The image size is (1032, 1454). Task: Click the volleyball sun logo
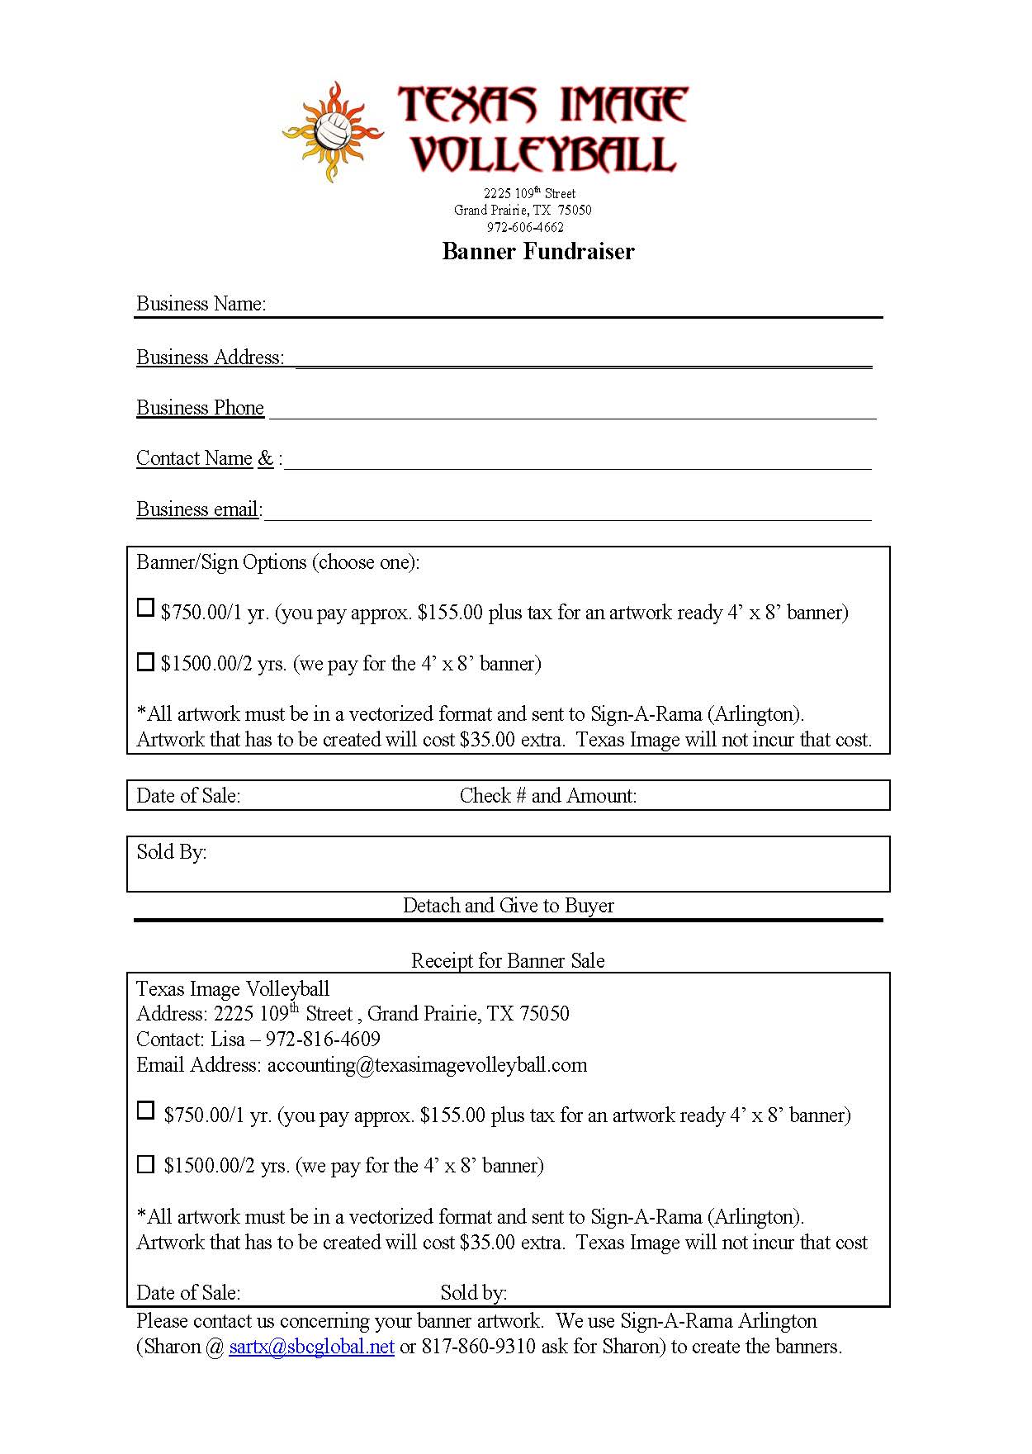pyautogui.click(x=334, y=131)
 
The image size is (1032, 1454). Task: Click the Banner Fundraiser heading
pyautogui.click(x=537, y=251)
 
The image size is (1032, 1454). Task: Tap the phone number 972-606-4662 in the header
pyautogui.click(x=525, y=227)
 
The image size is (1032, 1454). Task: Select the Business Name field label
pyautogui.click(x=201, y=304)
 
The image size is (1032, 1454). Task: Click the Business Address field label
pyautogui.click(x=210, y=358)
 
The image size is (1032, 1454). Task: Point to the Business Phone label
pyautogui.click(x=200, y=408)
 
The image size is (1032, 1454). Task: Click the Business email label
pyautogui.click(x=198, y=509)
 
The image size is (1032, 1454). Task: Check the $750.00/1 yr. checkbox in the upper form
pyautogui.click(x=145, y=609)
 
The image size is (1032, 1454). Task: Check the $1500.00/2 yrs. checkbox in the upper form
pyautogui.click(x=145, y=662)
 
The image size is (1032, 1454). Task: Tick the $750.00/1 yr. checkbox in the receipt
pyautogui.click(x=145, y=1111)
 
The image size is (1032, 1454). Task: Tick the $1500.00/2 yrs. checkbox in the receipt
pyautogui.click(x=145, y=1164)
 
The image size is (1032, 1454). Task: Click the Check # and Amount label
pyautogui.click(x=548, y=796)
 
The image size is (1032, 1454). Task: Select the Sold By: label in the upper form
pyautogui.click(x=172, y=852)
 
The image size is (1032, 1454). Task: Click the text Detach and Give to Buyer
pyautogui.click(x=508, y=906)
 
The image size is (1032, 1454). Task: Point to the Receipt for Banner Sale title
pyautogui.click(x=508, y=961)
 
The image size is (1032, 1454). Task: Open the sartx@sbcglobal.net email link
pyautogui.click(x=311, y=1347)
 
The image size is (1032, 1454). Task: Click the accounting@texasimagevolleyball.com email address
pyautogui.click(x=427, y=1065)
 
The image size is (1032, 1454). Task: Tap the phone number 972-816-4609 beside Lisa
pyautogui.click(x=323, y=1040)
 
